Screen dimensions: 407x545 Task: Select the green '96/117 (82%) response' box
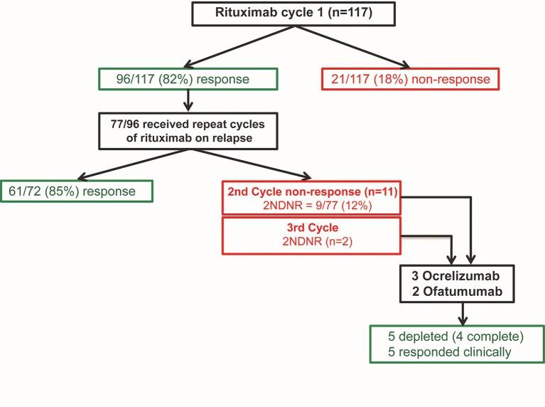pos(187,80)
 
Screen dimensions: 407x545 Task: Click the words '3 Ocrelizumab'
pos(465,275)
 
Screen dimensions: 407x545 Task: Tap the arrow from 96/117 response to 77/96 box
pos(188,102)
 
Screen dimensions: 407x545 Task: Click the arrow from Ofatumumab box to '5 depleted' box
pos(465,314)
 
